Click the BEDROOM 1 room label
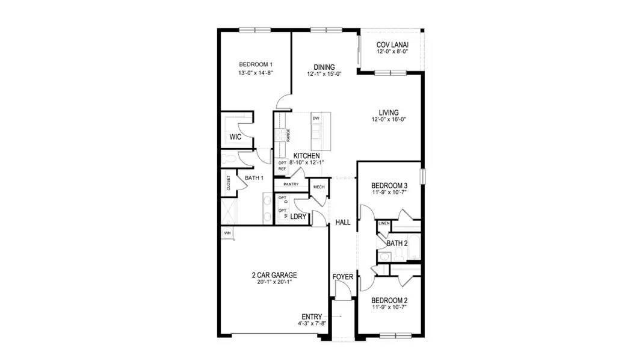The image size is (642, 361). pos(256,65)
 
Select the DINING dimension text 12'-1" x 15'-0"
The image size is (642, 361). pos(324,75)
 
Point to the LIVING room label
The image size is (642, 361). pos(389,112)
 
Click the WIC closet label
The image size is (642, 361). pos(236,137)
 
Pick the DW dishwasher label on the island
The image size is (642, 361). pos(315,119)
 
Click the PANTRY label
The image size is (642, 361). pos(291,184)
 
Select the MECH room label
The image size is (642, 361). pos(319,187)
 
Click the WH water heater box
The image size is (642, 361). pos(227,233)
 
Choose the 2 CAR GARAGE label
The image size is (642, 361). pos(274,275)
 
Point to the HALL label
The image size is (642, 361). pos(343,222)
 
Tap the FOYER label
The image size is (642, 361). pos(343,277)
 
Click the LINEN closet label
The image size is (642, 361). pos(384,223)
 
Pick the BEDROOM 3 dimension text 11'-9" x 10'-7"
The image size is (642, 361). pos(389,193)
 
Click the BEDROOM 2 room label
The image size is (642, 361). pos(389,300)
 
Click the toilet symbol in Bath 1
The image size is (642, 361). pos(229,159)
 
